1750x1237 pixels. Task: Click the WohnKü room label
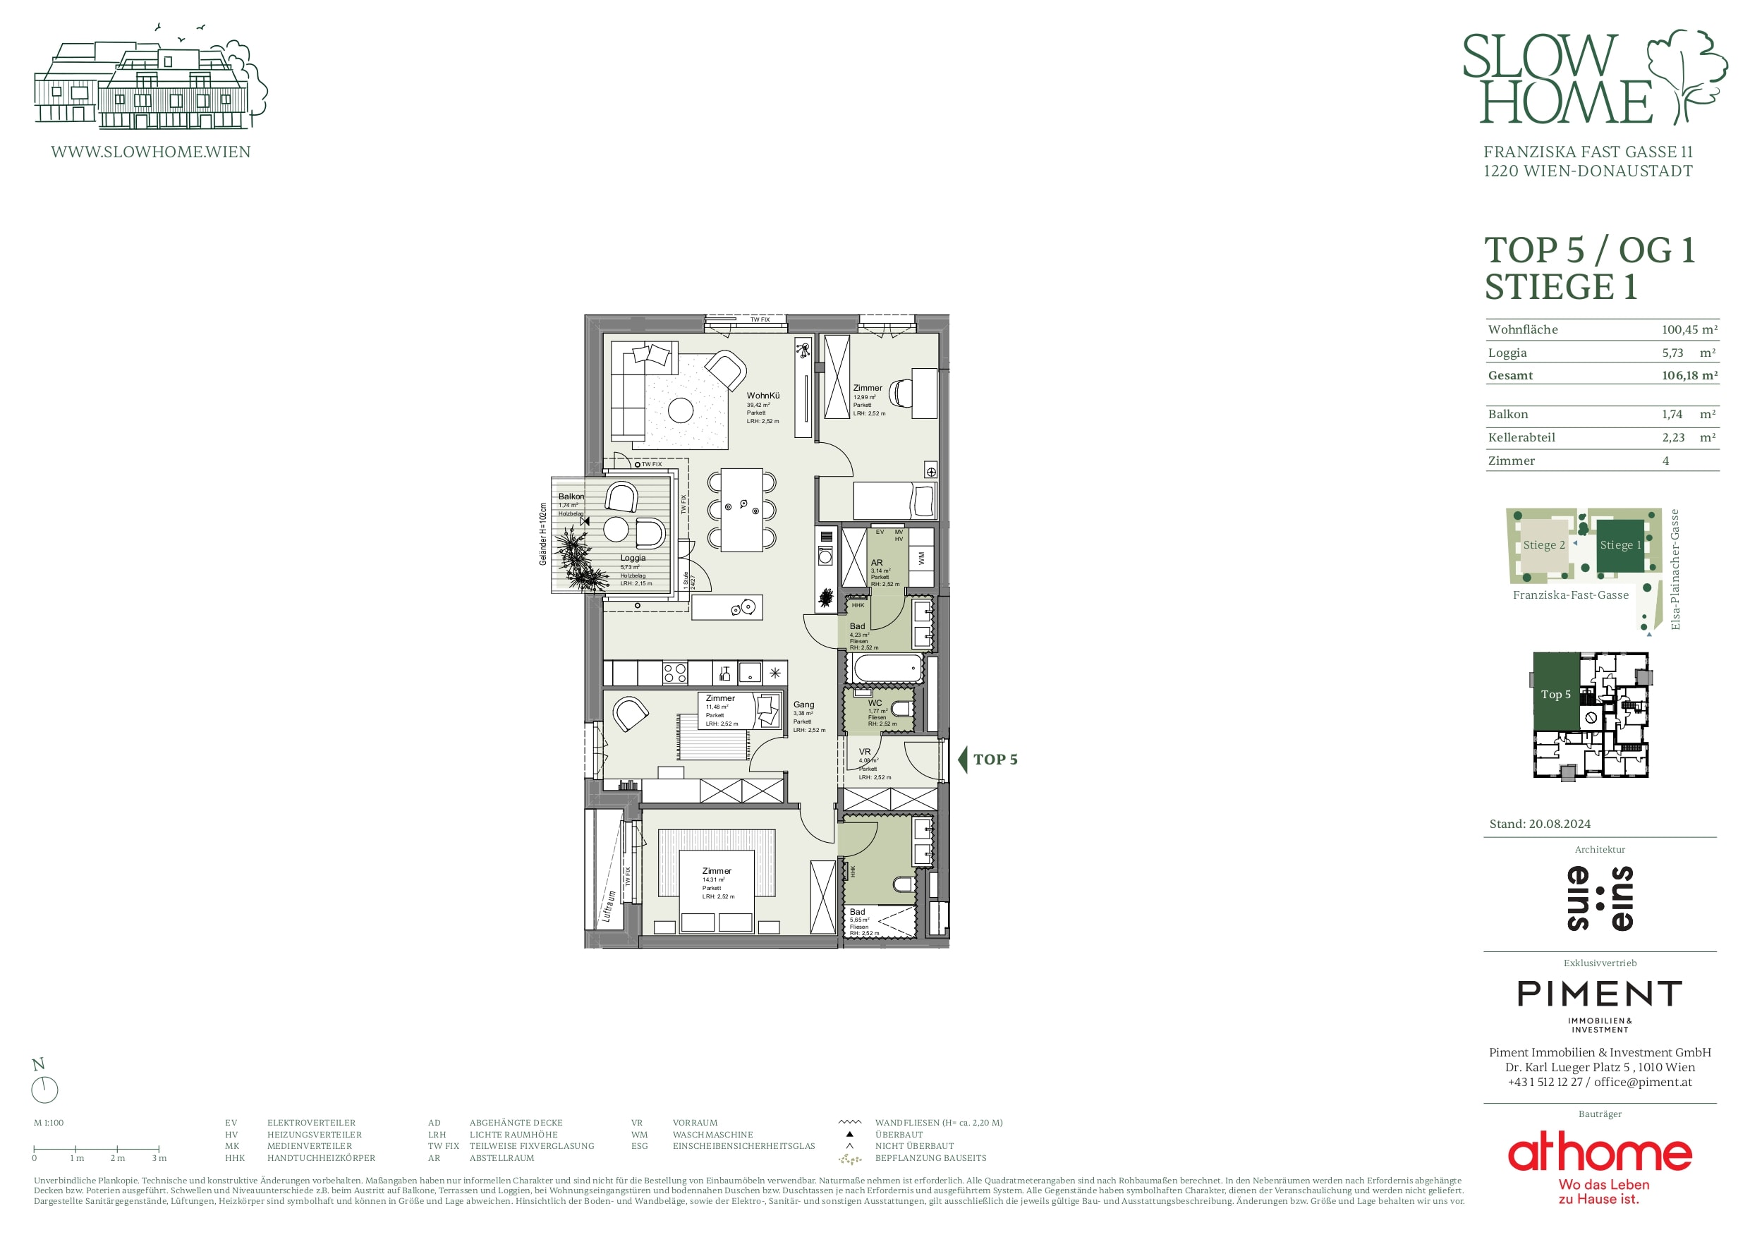coord(762,396)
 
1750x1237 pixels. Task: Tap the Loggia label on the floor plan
coord(633,558)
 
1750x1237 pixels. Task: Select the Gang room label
coord(803,705)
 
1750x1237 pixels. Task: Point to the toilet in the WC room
coord(901,709)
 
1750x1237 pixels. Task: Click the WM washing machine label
coord(920,558)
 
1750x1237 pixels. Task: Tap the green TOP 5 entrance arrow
coord(963,759)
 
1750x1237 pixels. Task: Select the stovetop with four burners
coord(674,673)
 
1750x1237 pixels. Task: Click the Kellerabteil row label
coord(1521,437)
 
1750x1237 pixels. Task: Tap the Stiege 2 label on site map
coord(1543,545)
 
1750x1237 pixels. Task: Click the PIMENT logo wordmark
coord(1599,994)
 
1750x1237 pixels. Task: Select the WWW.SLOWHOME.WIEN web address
coord(150,152)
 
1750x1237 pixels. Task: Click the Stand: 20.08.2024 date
coord(1540,824)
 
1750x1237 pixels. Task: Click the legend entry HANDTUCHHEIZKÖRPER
coord(321,1158)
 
